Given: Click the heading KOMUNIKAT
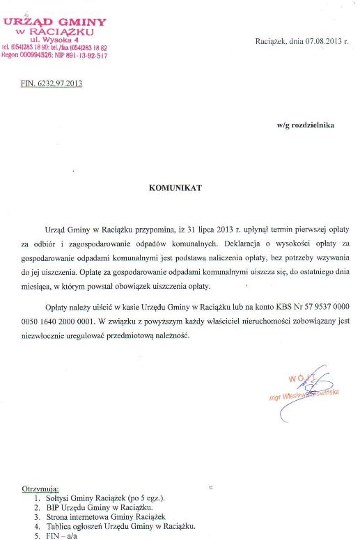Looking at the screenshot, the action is [175, 187].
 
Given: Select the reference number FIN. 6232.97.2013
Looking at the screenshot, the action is [52, 84].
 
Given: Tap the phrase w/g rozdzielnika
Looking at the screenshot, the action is [305, 125].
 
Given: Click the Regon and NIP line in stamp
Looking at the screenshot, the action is [55, 55].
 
